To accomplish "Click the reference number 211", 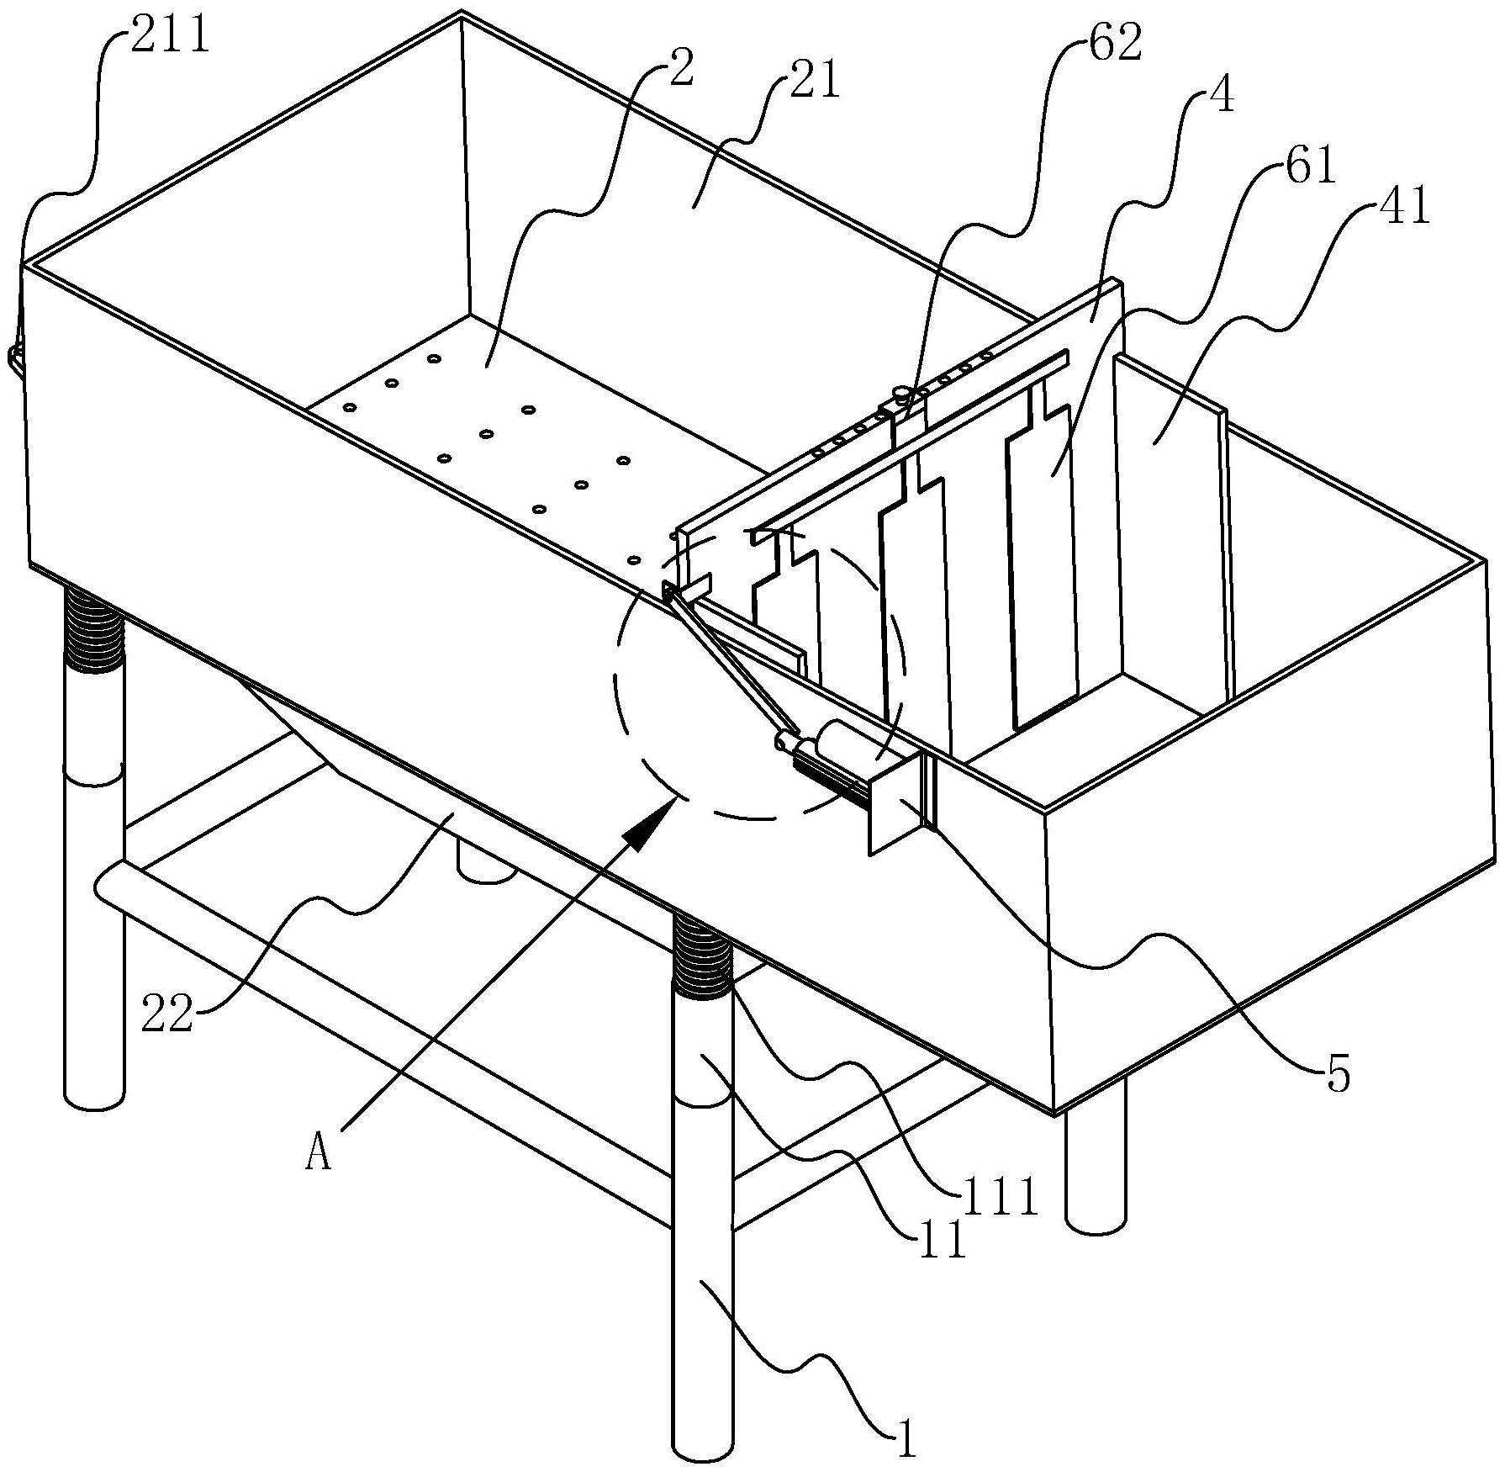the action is pyautogui.click(x=172, y=37).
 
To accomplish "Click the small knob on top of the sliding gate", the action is pyautogui.click(x=902, y=393).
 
